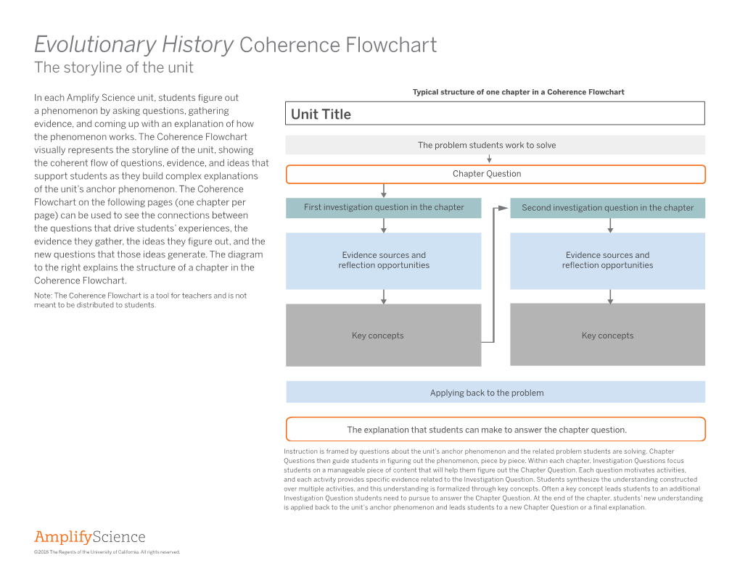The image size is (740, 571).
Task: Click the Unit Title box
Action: [495, 114]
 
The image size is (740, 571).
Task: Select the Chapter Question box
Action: [495, 174]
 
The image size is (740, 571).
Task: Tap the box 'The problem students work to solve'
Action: [495, 145]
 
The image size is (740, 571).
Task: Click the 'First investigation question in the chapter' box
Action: [383, 207]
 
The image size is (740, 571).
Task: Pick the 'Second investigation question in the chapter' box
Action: [607, 208]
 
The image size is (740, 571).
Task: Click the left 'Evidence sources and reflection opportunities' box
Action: [383, 260]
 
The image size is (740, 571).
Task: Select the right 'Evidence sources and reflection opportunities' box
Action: [607, 260]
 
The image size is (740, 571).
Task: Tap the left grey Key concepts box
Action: [383, 335]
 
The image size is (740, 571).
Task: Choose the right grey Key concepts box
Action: [607, 335]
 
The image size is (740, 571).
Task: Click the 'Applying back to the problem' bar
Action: [495, 392]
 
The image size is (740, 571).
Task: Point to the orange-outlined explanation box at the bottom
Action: [495, 429]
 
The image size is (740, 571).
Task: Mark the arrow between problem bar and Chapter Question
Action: [490, 159]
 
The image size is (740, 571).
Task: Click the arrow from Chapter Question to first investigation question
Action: [383, 191]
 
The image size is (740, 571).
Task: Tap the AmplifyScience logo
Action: [90, 537]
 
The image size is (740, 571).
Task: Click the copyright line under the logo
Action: [107, 552]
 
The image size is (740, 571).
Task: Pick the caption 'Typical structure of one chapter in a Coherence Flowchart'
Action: [518, 92]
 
